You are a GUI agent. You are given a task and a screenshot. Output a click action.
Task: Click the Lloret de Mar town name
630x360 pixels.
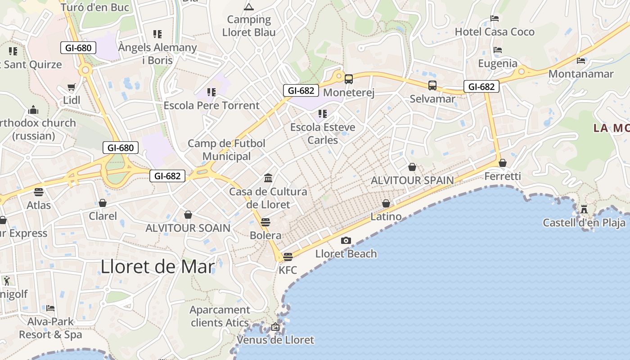pos(157,267)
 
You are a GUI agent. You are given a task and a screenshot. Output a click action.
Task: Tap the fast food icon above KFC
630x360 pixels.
pos(288,256)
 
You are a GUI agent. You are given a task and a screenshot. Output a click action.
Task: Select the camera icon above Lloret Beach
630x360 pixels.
pos(346,240)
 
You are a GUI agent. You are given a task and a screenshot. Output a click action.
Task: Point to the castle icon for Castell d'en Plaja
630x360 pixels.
pos(584,209)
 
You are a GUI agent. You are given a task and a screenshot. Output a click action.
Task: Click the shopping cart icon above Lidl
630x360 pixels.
pos(72,87)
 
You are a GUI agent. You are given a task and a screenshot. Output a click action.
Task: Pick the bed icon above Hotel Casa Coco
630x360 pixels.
pos(495,18)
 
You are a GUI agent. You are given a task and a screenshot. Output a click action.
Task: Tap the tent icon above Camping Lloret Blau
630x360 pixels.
pos(248,7)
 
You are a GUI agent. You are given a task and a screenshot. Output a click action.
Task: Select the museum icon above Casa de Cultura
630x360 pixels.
pos(268,178)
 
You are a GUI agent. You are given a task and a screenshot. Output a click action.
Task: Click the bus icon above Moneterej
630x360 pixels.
pos(349,79)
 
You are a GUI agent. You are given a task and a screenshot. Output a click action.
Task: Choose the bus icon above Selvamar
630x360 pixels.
pos(432,85)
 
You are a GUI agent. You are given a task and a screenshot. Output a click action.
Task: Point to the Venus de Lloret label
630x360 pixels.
pos(275,340)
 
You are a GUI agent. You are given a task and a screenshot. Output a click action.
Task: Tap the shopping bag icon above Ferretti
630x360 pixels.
pos(503,163)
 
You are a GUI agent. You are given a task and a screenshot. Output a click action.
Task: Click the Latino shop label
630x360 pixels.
pos(386,216)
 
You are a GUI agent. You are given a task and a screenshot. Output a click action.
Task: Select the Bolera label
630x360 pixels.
pos(265,235)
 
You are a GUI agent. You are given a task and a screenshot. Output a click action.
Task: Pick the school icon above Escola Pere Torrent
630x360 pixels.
pos(211,92)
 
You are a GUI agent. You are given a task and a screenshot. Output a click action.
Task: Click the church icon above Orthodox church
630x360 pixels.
pos(33,110)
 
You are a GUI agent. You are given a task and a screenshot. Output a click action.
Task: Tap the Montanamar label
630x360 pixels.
pos(581,74)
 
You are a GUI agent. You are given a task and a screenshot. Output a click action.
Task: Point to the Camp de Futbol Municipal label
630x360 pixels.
pos(226,150)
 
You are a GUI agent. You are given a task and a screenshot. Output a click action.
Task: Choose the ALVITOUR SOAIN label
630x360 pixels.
pos(188,228)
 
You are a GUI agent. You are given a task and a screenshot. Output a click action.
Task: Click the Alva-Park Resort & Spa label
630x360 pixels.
pos(50,328)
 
